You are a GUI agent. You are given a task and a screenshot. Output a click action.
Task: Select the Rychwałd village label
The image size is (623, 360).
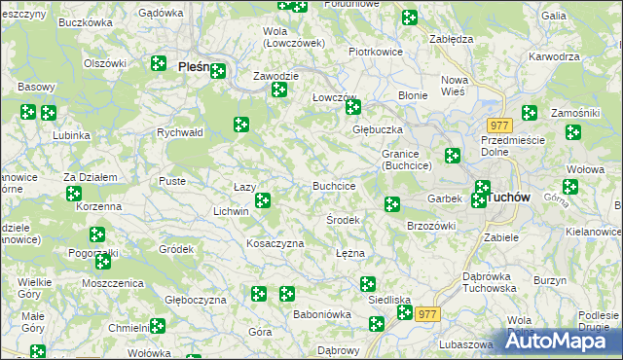coord(179,133)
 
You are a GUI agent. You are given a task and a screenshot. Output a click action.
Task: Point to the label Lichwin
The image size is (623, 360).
coord(231,211)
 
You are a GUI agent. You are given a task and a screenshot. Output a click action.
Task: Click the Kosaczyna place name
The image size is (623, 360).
coord(275,243)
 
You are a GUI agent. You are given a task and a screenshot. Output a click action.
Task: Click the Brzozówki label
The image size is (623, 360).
coord(431,226)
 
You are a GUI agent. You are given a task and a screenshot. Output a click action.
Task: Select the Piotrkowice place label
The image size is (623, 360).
coord(376,52)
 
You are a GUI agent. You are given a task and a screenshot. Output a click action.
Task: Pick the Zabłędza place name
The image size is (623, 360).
coord(451,39)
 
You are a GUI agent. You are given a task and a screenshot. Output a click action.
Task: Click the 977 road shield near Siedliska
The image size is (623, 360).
coord(427,314)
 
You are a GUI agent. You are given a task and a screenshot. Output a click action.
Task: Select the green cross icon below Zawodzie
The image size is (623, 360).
coord(279,90)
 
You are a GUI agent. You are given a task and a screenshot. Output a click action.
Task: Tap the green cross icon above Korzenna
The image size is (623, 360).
coord(74,194)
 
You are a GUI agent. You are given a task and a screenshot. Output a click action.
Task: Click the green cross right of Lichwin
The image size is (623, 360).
coord(262,201)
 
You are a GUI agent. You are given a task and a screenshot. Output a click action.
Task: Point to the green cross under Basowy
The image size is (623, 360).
coord(28,112)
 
